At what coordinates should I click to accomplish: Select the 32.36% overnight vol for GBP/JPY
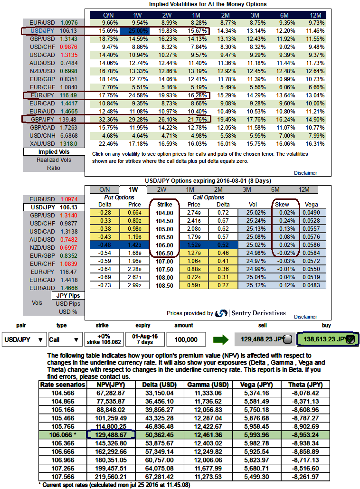(x=109, y=119)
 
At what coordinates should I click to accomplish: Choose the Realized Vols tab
(x=54, y=160)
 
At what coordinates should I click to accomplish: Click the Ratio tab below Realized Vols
(x=54, y=168)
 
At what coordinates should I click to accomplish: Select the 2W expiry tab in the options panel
(x=161, y=189)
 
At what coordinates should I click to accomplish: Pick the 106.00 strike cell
(x=164, y=244)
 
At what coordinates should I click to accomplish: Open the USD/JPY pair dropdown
(x=24, y=339)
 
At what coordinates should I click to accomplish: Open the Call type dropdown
(x=65, y=339)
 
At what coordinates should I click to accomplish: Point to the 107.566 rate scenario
(x=62, y=476)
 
